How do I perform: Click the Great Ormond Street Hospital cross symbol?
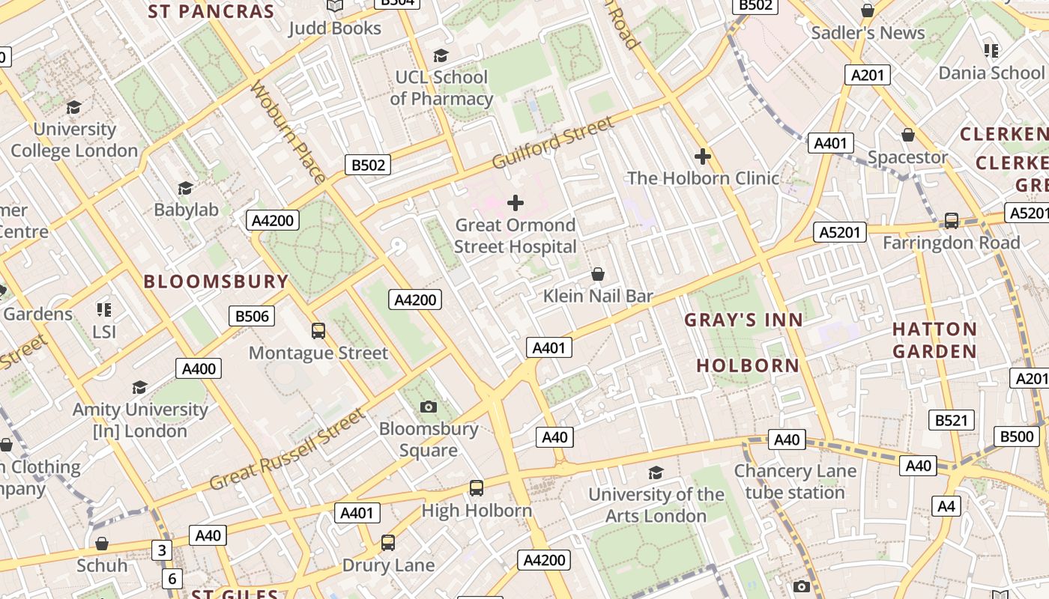point(516,203)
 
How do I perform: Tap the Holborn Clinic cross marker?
point(702,156)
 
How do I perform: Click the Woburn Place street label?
point(288,132)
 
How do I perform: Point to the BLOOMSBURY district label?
point(216,282)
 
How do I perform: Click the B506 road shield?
point(252,316)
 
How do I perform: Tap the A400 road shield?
point(199,368)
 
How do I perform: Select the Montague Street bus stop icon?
point(318,330)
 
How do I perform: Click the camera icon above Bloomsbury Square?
point(429,407)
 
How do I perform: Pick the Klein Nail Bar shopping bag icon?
point(598,274)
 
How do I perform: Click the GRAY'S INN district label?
point(743,320)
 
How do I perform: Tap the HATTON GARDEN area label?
point(934,340)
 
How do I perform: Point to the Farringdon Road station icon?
point(952,221)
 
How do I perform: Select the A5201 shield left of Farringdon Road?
point(840,232)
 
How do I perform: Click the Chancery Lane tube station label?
point(794,481)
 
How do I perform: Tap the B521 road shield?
point(952,420)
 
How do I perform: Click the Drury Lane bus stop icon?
point(388,543)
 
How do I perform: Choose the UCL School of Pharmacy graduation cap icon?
point(441,55)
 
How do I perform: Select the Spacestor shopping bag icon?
point(908,135)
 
